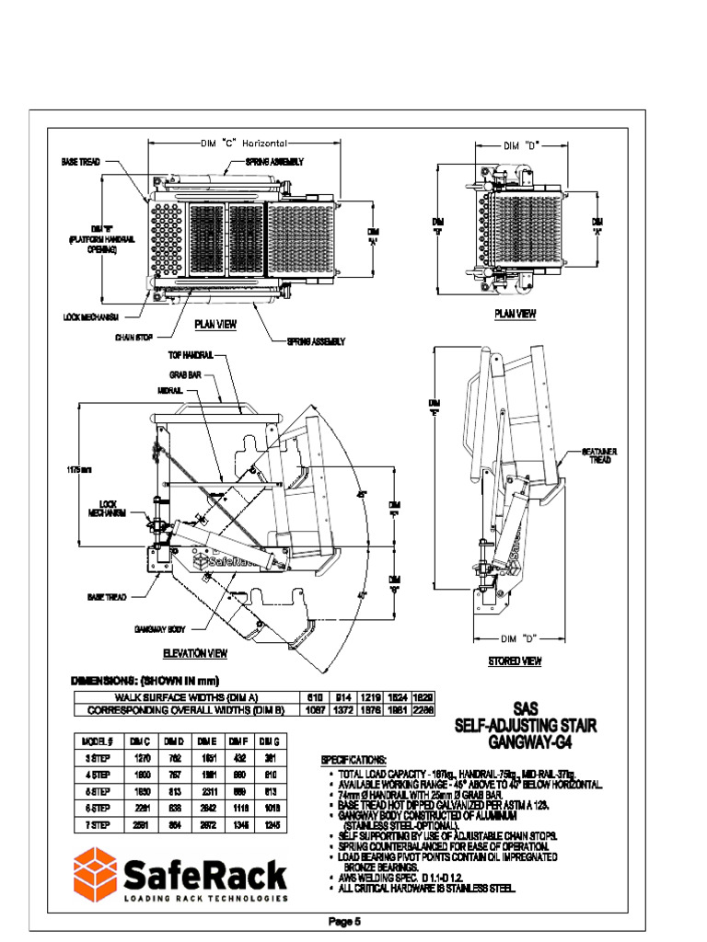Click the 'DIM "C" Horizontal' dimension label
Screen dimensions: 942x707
pos(245,144)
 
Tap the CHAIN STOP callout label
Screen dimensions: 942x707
pos(133,337)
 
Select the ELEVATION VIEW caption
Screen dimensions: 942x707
pos(195,654)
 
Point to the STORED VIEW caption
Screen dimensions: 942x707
pos(515,661)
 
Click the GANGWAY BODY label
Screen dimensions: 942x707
pos(160,629)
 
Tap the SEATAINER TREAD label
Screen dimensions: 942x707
pos(600,454)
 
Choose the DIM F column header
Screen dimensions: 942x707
pos(238,741)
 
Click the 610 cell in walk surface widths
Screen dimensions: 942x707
pos(315,698)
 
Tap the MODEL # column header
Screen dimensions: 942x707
pos(97,741)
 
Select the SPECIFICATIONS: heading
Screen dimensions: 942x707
pos(353,760)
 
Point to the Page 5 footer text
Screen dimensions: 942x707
pos(345,921)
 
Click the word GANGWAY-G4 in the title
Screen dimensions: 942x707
pos(527,741)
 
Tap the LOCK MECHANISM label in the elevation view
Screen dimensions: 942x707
pos(108,509)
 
